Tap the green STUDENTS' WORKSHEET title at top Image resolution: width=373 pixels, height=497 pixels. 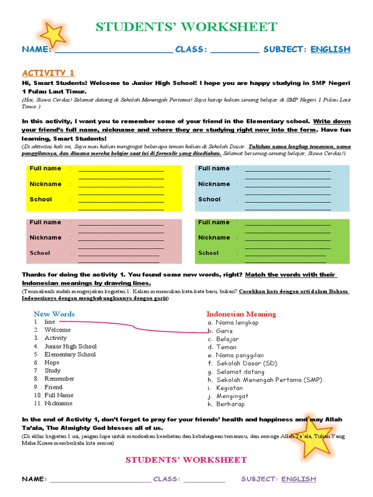pyautogui.click(x=186, y=27)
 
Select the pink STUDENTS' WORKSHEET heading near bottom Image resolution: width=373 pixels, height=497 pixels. pyautogui.click(x=186, y=460)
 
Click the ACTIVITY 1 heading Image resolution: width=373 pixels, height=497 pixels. pyautogui.click(x=48, y=73)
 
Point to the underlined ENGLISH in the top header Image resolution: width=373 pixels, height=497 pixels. pyautogui.click(x=330, y=49)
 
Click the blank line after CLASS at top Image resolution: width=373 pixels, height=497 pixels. pyautogui.click(x=235, y=50)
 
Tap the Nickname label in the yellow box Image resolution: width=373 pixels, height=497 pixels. pyautogui.click(x=45, y=184)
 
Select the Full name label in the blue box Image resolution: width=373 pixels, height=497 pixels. pyautogui.click(x=214, y=168)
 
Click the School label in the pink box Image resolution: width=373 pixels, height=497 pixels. pyautogui.click(x=40, y=253)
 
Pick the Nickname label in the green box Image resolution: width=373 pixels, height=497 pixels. pyautogui.click(x=214, y=237)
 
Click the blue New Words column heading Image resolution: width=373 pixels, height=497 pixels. pyautogui.click(x=54, y=314)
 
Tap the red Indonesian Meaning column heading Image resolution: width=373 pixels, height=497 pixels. pyautogui.click(x=241, y=314)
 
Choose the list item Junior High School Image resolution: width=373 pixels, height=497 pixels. pyautogui.click(x=70, y=346)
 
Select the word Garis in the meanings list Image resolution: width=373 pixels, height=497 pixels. pyautogui.click(x=224, y=331)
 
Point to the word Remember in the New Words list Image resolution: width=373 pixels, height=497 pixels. pyautogui.click(x=59, y=379)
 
